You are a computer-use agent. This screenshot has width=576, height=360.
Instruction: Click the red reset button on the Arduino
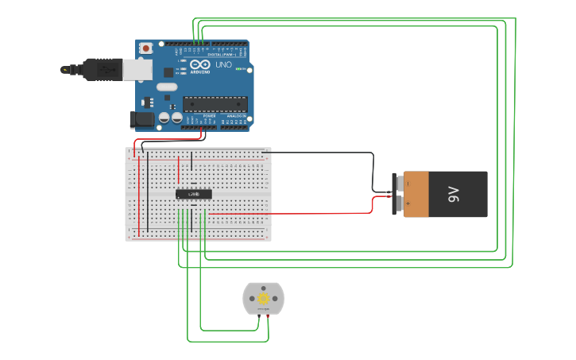146,49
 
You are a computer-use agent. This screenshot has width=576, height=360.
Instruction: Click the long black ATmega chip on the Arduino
215,103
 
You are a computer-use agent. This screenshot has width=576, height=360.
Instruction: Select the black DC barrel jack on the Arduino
142,119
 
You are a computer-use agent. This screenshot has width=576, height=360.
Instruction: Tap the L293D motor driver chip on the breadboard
194,194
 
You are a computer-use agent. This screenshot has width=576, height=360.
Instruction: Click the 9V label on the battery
453,194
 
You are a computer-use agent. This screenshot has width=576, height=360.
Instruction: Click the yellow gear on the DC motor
263,298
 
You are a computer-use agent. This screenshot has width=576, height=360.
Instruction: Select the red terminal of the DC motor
268,317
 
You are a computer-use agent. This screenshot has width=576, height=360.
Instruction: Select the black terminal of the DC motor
258,317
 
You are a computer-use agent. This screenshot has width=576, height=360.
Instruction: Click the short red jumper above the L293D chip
179,168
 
